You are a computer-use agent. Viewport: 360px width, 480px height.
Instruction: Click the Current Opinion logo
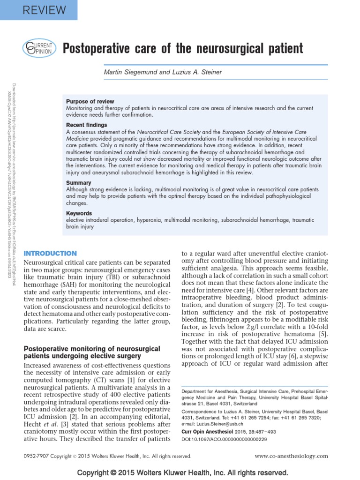pos(39,49)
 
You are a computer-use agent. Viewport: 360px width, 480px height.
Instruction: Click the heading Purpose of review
pos(90,101)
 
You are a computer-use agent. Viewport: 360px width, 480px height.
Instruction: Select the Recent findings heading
pos(87,125)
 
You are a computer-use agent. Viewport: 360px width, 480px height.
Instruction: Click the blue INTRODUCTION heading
pos(50,253)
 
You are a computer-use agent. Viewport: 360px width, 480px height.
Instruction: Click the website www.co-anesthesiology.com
pos(292,456)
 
